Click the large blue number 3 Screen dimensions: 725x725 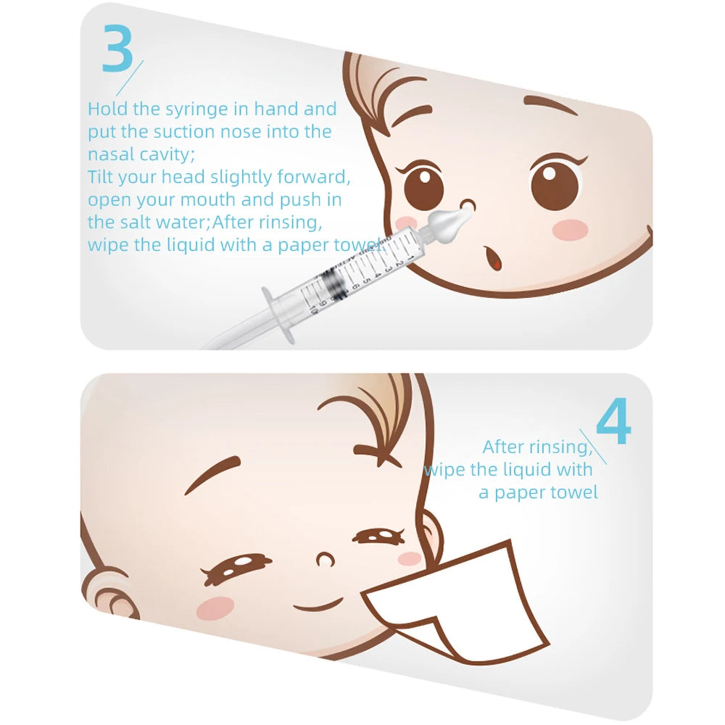[x=117, y=49]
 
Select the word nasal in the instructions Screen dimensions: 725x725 [x=112, y=154]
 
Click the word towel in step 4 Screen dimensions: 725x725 [x=573, y=493]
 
